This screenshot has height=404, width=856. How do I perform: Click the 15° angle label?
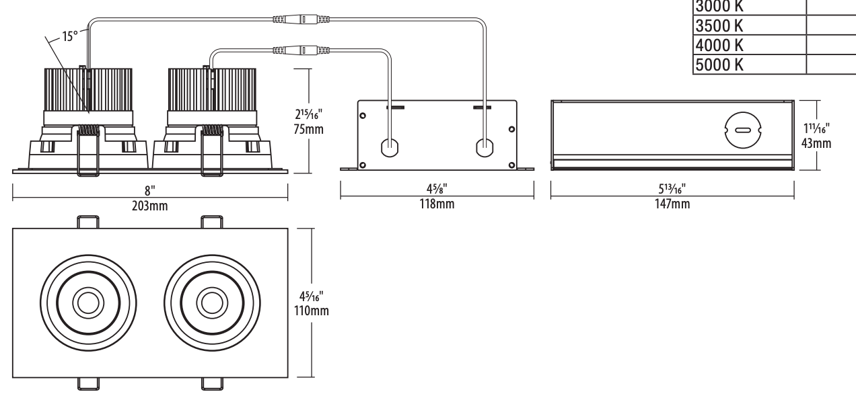[x=71, y=36]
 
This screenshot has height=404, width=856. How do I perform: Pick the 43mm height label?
[x=817, y=143]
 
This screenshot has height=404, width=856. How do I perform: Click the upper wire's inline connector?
[x=299, y=19]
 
